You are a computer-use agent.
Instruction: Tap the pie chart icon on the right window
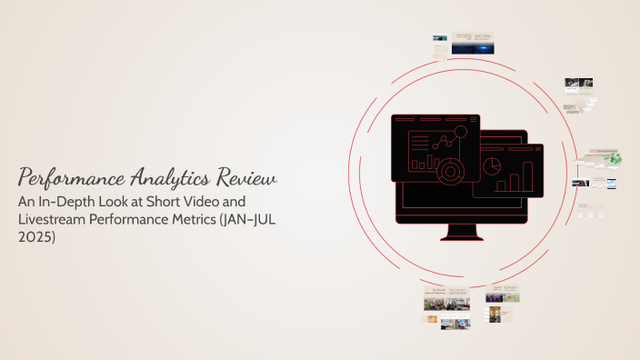pyautogui.click(x=492, y=166)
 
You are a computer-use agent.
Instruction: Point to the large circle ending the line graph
pyautogui.click(x=460, y=133)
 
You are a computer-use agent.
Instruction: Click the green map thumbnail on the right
pyautogui.click(x=614, y=157)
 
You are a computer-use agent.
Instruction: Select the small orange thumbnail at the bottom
pyautogui.click(x=430, y=320)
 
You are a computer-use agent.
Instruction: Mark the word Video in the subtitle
pyautogui.click(x=226, y=199)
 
